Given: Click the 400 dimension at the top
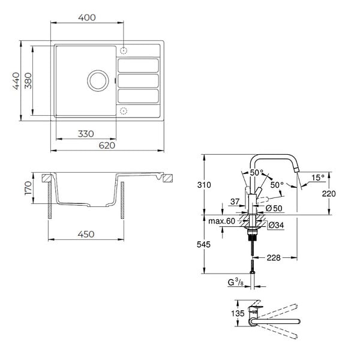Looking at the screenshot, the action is coord(87,17).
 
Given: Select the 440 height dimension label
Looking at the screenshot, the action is coord(16,81).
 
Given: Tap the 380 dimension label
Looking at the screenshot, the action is coord(28,80).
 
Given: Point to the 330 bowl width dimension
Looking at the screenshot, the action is coord(86,134).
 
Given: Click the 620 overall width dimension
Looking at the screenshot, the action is coord(107,145).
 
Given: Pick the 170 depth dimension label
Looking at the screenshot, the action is coord(28,188).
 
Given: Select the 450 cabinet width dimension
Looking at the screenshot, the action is coord(86,234).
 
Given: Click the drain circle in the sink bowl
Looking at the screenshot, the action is coord(98,80).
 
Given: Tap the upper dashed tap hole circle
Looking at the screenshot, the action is coord(124,51).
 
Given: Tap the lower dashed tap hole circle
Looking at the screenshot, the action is coord(124,111).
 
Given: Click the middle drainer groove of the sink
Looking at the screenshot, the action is coord(138,80).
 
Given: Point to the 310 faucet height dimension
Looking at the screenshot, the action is coord(204,185).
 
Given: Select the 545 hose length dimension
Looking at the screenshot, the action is coord(203,245).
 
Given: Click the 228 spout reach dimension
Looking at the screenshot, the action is coord(274,258).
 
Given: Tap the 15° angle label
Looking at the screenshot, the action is coord(318,178).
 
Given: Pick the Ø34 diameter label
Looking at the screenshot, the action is coord(276,225).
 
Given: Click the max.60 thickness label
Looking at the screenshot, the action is coord(221,221).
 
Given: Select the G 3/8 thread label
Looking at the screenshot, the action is coord(236,282).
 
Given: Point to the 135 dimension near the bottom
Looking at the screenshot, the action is coord(238,313).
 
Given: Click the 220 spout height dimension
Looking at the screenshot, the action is coord(329,194).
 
